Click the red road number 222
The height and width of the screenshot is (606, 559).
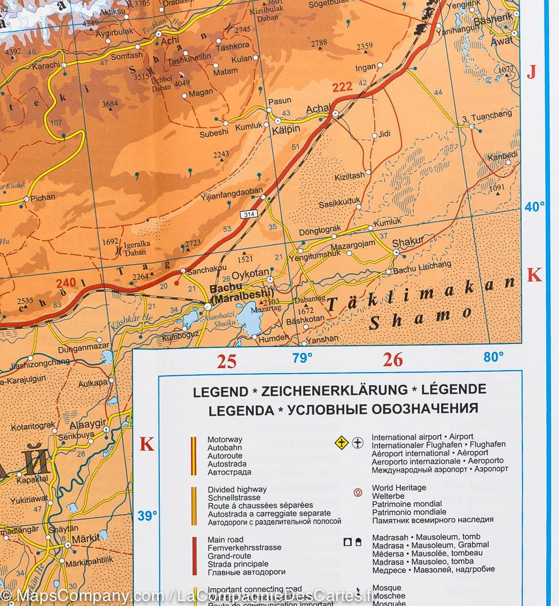point(342,87)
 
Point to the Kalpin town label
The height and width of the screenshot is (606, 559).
point(286,129)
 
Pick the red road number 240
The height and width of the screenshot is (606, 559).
point(70,283)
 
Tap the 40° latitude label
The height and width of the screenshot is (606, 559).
point(535,207)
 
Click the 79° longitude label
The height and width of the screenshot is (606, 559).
point(302,358)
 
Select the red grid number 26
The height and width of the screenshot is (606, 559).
point(393,360)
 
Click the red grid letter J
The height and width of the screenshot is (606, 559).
point(531,73)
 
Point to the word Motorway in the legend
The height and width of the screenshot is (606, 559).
point(225,439)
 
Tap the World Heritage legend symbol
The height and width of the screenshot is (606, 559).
point(357,492)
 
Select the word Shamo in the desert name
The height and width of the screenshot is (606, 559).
point(421,318)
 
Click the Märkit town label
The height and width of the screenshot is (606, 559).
point(86,538)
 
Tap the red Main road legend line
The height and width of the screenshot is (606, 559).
point(194,555)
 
